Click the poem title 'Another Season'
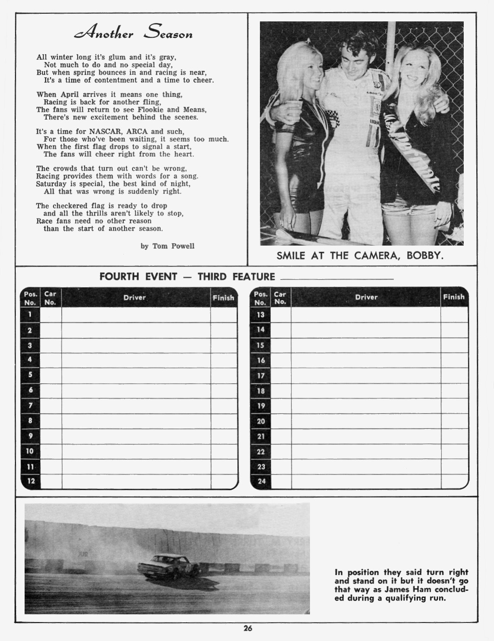click(x=133, y=33)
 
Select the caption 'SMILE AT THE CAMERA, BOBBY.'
click(x=360, y=256)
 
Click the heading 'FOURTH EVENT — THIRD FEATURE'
click(x=187, y=277)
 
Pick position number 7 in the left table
click(x=30, y=405)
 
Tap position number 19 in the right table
click(x=261, y=406)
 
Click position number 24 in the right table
click(x=261, y=481)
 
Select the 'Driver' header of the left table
click(x=134, y=298)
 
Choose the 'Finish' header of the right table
click(x=454, y=297)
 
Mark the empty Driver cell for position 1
click(x=136, y=315)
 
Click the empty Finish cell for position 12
click(x=223, y=481)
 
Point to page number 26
click(x=247, y=628)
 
